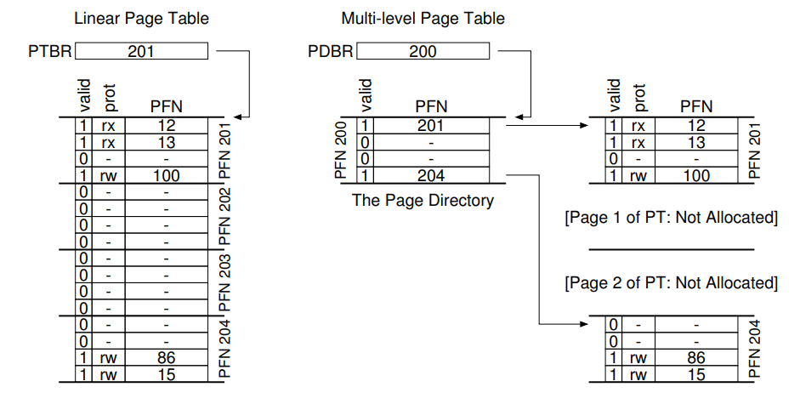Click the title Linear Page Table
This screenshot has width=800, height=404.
click(x=141, y=18)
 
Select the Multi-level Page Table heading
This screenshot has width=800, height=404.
click(x=423, y=18)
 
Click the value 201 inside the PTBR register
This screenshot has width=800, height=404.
click(x=141, y=52)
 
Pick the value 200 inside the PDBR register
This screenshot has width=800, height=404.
click(x=423, y=52)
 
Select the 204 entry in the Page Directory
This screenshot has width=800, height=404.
click(x=430, y=176)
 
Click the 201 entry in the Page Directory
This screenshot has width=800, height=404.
click(x=430, y=126)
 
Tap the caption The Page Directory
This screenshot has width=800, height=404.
click(x=423, y=201)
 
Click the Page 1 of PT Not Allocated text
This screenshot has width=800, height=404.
click(x=671, y=219)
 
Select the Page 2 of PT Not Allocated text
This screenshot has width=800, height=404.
click(x=671, y=282)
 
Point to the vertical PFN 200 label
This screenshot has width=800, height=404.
click(x=342, y=151)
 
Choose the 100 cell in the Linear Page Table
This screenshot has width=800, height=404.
click(x=167, y=176)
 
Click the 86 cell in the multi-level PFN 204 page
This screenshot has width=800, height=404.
click(x=696, y=358)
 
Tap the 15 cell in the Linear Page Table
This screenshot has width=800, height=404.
click(x=167, y=374)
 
